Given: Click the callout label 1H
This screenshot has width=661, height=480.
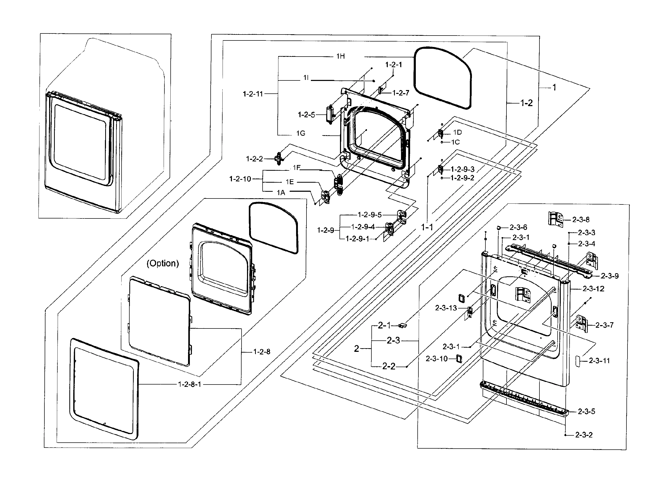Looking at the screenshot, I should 340,56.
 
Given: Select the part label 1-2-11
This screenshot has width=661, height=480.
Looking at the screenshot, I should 253,94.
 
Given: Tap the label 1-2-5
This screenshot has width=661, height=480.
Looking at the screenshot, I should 306,115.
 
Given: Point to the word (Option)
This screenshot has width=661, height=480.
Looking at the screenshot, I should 163,263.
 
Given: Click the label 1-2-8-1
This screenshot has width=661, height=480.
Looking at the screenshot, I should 189,384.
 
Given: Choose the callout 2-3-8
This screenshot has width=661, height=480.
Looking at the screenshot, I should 580,220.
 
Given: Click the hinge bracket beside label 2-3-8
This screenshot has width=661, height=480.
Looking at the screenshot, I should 556,219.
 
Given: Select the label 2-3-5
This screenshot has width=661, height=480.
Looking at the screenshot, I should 586,411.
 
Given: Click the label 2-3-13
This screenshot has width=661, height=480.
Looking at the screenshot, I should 446,308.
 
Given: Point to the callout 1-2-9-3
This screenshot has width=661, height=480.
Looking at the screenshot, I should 463,169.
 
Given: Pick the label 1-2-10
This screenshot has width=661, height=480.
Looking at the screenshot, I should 240,179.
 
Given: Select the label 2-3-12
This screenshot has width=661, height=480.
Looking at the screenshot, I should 593,289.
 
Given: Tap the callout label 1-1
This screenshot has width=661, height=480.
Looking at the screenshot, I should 427,227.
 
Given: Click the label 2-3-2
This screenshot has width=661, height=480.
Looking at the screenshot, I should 584,435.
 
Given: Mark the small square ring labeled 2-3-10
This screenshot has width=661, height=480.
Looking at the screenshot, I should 459,359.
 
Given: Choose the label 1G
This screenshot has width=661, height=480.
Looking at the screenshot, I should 301,133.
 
